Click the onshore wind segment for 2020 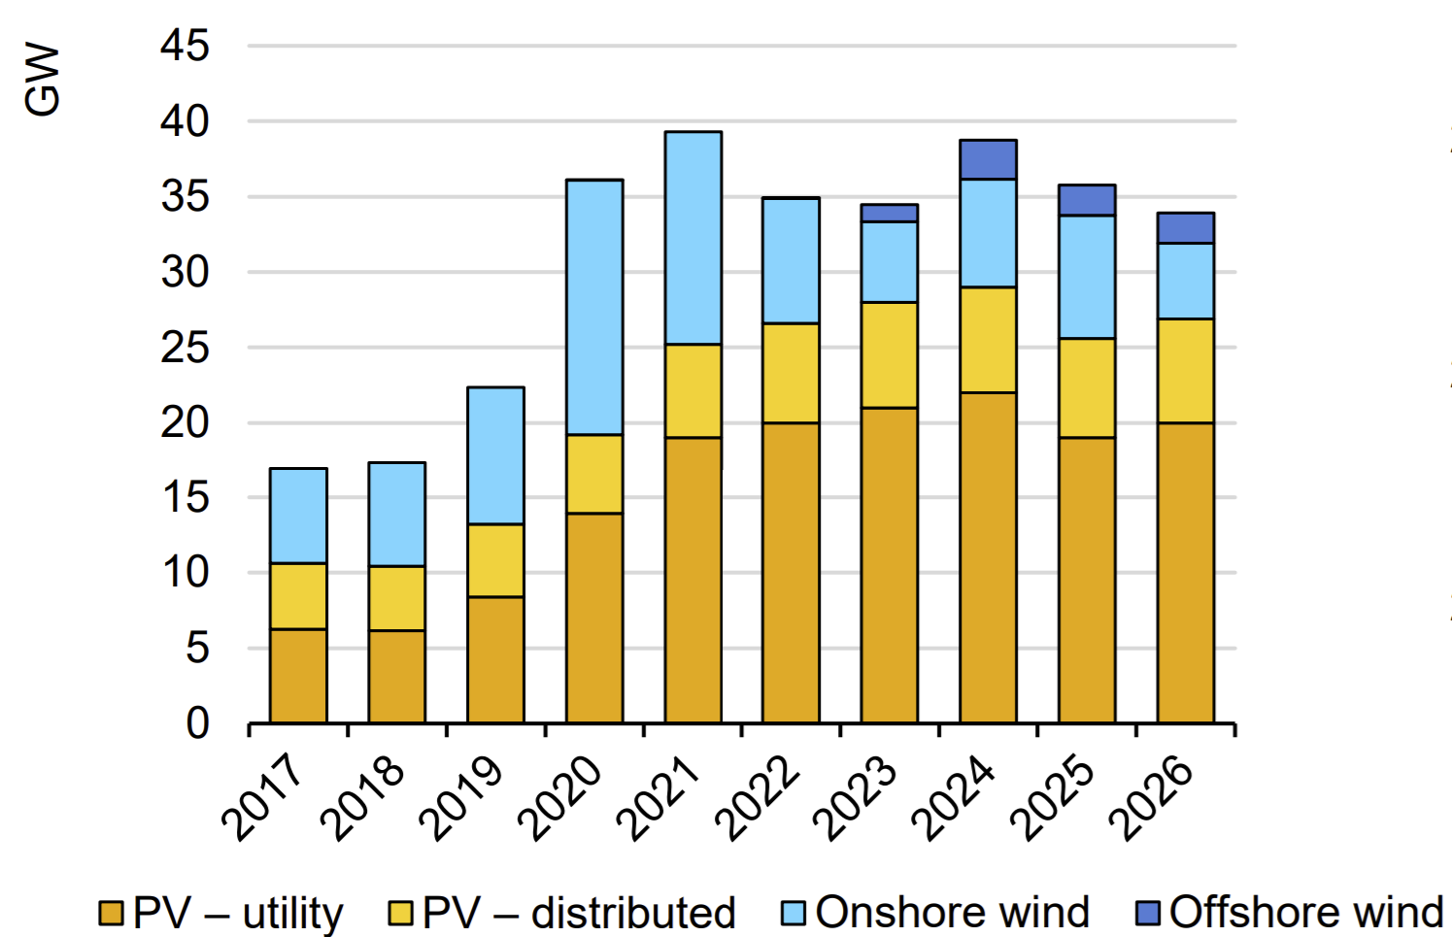(594, 307)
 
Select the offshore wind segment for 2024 (988, 159)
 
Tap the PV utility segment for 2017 (298, 676)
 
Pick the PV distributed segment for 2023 (889, 354)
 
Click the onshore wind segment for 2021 (692, 238)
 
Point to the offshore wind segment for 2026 (1185, 228)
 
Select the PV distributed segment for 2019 (495, 560)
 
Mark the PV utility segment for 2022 (791, 572)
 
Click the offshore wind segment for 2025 (1087, 200)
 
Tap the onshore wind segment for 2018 (396, 514)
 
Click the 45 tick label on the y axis (185, 46)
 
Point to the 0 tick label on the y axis (197, 723)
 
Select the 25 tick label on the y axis (185, 348)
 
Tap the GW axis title (43, 80)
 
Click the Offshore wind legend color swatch (1148, 913)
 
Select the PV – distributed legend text (579, 913)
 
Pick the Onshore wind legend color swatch (794, 913)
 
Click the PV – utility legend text (237, 913)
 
